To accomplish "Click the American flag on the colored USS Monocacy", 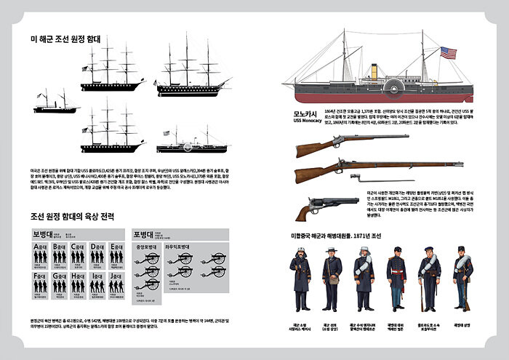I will (448, 53).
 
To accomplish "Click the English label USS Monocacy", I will (308, 121).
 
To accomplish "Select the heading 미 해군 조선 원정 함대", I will (65, 39).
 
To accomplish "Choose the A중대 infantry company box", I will (41, 255).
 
